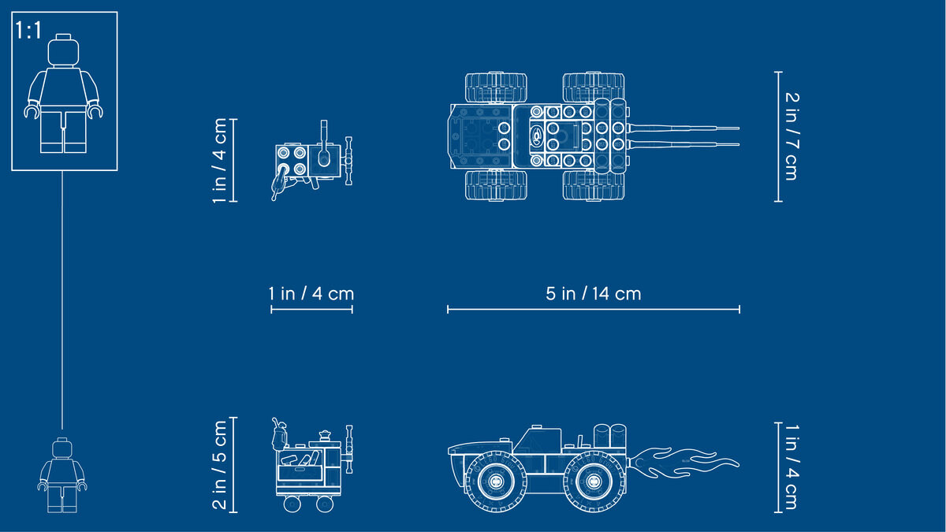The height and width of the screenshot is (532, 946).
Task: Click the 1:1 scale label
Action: point(28,31)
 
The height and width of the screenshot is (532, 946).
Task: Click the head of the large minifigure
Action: point(63,50)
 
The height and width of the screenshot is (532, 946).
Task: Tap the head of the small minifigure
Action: point(62,448)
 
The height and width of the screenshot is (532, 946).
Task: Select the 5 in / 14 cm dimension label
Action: point(594,293)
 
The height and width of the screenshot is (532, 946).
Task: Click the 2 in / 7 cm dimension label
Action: point(791,136)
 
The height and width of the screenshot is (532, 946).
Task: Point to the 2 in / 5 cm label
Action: point(220,465)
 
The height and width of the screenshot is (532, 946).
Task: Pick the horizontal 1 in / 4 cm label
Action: point(311,293)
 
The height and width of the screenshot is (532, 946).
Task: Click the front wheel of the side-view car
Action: point(496,481)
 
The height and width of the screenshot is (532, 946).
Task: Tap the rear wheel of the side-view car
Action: point(594,481)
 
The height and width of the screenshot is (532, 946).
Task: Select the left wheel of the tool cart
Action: point(292,504)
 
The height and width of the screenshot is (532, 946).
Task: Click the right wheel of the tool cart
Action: point(324,504)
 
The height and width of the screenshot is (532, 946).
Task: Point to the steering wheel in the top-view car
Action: point(537,136)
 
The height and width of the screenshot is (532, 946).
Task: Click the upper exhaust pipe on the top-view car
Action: point(684,128)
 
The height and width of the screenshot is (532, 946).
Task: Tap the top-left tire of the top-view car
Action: point(496,87)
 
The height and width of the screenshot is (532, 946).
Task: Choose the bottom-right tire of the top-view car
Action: point(594,185)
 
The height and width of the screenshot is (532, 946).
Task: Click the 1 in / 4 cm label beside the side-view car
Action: point(791,467)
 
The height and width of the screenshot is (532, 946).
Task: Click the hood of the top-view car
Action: point(480,136)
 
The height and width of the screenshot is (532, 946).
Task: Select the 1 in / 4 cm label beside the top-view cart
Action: point(220,161)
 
